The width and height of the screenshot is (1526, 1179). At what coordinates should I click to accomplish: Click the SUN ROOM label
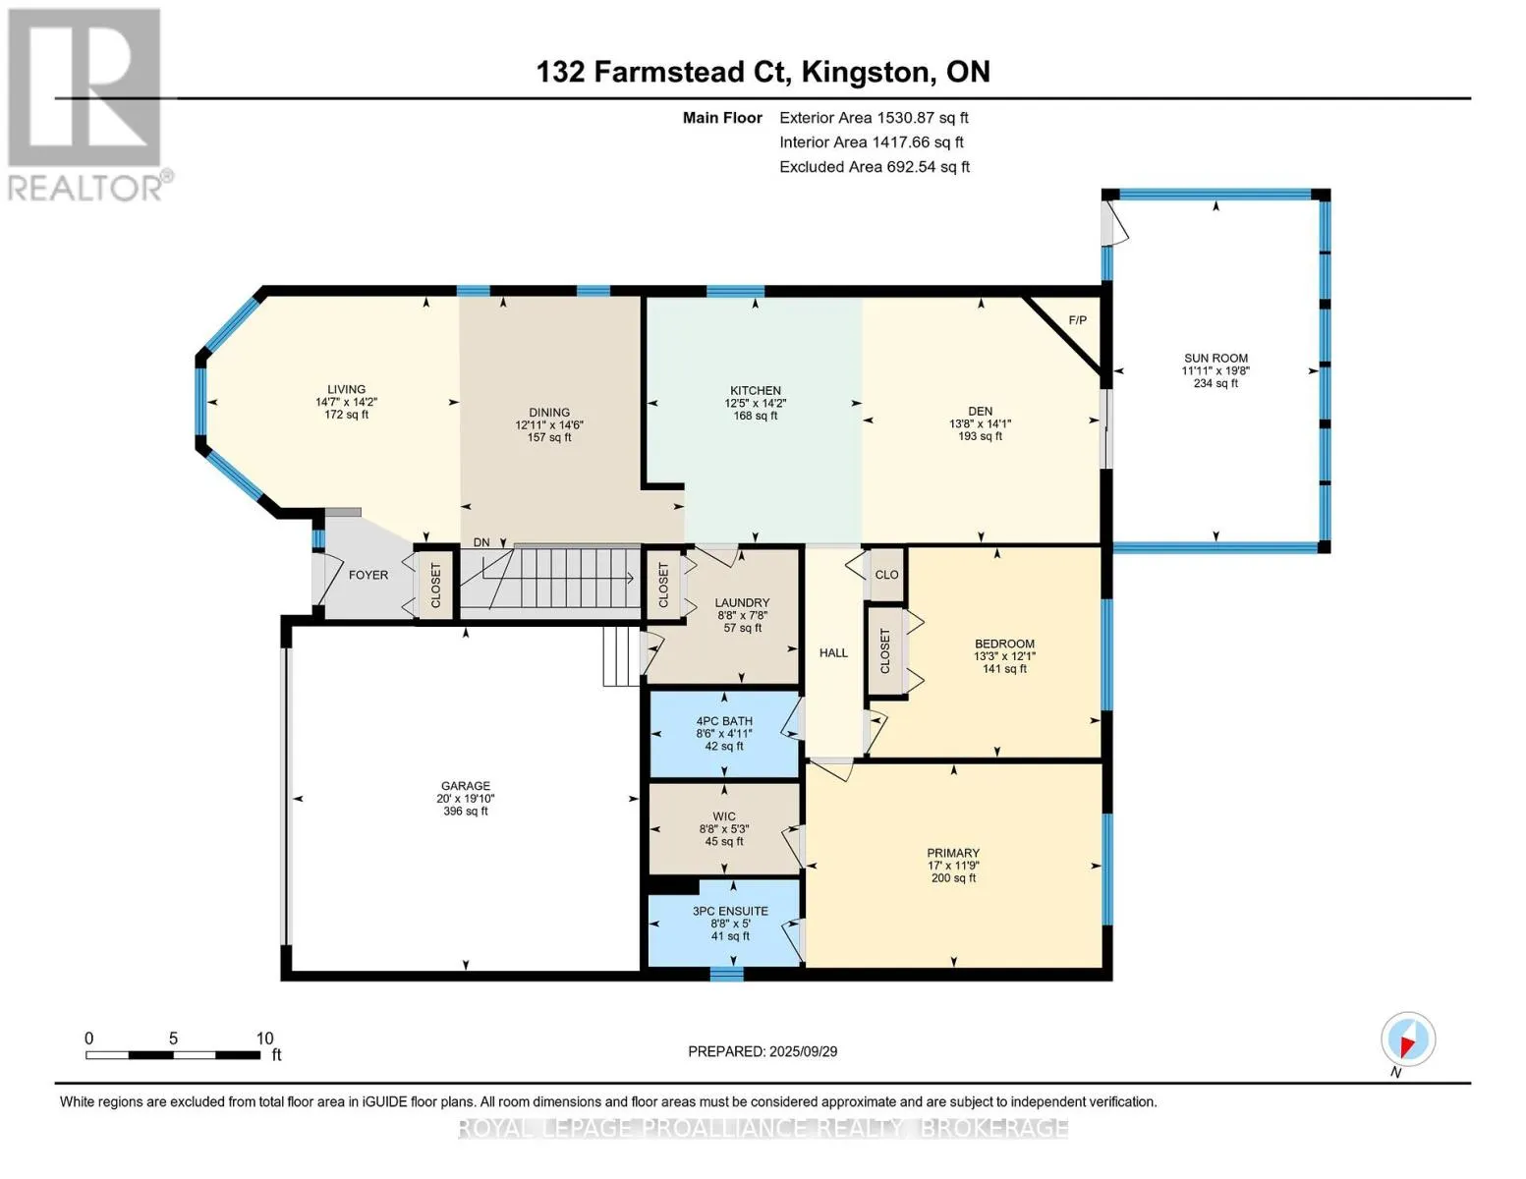(x=1215, y=359)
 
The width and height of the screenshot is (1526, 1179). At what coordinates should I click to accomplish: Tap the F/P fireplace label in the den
(x=1077, y=320)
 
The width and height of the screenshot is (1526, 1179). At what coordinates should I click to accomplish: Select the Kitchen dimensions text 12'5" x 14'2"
(x=755, y=403)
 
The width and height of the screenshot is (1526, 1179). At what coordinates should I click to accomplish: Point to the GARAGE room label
(x=466, y=786)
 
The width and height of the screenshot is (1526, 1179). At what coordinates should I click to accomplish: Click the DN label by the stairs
(x=481, y=542)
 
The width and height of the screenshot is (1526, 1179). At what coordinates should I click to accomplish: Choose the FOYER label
(x=367, y=575)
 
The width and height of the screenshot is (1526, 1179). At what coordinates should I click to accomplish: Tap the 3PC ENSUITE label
(x=730, y=912)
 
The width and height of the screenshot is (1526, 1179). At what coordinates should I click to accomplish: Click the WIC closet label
(x=724, y=816)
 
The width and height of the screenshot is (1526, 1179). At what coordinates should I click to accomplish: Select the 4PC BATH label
(x=724, y=721)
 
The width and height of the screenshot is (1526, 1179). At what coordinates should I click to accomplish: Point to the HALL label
(x=833, y=653)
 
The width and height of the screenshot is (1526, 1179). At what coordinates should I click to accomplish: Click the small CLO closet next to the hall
(x=887, y=575)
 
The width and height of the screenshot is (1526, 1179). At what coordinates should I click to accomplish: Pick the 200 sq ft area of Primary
(x=953, y=878)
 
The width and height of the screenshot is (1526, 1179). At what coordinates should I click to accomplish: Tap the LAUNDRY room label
(x=742, y=602)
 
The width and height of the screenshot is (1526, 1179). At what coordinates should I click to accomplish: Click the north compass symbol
(x=1408, y=1039)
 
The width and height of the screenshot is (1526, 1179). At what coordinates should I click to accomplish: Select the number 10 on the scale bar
(x=264, y=1039)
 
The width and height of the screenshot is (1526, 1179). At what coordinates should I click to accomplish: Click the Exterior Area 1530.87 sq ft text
(x=874, y=118)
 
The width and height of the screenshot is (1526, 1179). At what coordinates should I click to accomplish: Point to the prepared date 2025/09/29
(x=803, y=1051)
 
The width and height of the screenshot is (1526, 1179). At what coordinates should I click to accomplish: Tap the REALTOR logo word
(x=85, y=189)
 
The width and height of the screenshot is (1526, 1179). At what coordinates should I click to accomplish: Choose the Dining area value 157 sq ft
(x=549, y=437)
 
